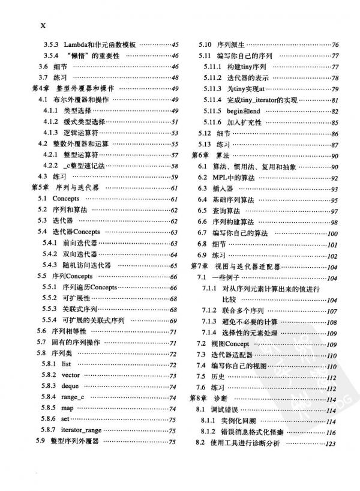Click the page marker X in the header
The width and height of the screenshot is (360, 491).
click(43, 25)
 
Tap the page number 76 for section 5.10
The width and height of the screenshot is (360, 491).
click(335, 45)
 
